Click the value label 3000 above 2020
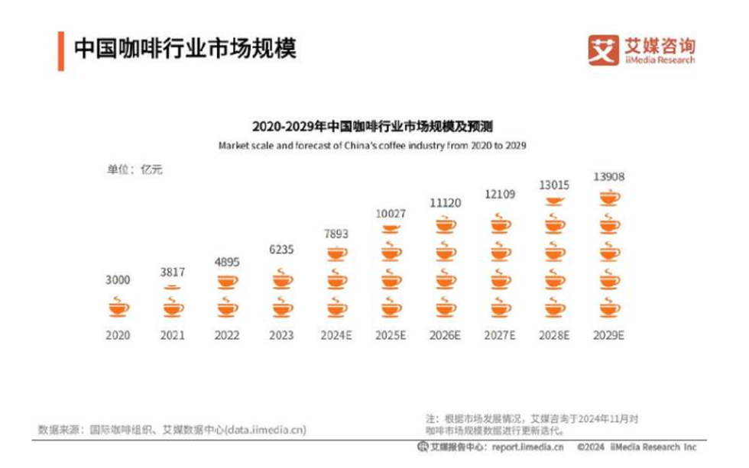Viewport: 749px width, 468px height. [x=118, y=280]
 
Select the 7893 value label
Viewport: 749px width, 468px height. [x=336, y=234]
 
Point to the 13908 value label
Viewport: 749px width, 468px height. [x=609, y=177]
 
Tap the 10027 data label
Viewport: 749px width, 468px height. [x=391, y=213]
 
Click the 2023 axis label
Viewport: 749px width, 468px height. [x=281, y=335]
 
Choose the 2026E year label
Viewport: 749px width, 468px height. [x=446, y=335]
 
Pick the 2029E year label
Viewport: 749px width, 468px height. [x=609, y=335]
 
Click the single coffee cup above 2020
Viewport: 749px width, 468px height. [x=118, y=307]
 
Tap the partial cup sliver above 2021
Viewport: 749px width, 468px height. [x=173, y=286]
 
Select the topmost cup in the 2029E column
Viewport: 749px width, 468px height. [x=609, y=197]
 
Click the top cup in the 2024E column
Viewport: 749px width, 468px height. [x=336, y=253]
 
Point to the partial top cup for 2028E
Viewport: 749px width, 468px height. [x=555, y=202]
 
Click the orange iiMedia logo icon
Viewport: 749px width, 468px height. [x=603, y=50]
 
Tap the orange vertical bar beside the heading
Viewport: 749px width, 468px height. [x=60, y=50]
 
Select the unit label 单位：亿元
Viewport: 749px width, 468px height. [x=135, y=169]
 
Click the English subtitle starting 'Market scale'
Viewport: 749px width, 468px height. [x=373, y=144]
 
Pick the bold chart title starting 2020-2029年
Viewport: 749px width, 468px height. [x=373, y=125]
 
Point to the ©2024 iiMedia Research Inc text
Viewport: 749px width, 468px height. [x=637, y=447]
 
